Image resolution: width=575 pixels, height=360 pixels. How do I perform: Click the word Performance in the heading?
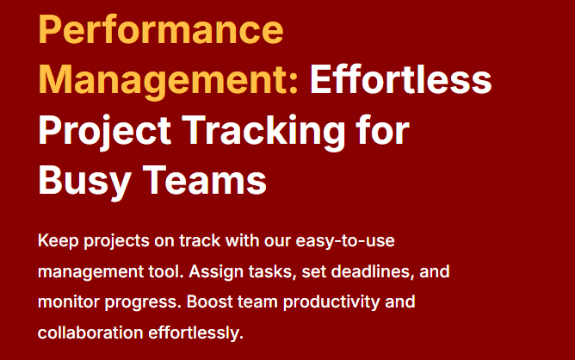(x=161, y=29)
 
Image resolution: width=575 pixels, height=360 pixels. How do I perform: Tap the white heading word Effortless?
(x=400, y=79)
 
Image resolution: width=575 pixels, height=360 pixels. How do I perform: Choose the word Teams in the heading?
(x=204, y=180)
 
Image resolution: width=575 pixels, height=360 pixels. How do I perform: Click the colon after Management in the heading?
(x=293, y=84)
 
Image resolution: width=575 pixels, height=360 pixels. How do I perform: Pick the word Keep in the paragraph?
(x=58, y=242)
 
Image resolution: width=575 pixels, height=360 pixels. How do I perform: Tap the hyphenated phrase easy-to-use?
(x=345, y=242)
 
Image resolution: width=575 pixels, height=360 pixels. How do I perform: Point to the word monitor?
(x=69, y=302)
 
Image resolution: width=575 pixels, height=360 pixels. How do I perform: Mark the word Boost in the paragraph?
(x=209, y=301)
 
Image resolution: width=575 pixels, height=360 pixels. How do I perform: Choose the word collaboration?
(x=90, y=332)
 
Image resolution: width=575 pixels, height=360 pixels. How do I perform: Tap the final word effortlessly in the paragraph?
(x=195, y=333)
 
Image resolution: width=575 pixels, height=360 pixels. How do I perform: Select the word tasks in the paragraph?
(x=272, y=272)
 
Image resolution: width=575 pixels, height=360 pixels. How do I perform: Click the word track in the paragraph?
(x=200, y=241)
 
